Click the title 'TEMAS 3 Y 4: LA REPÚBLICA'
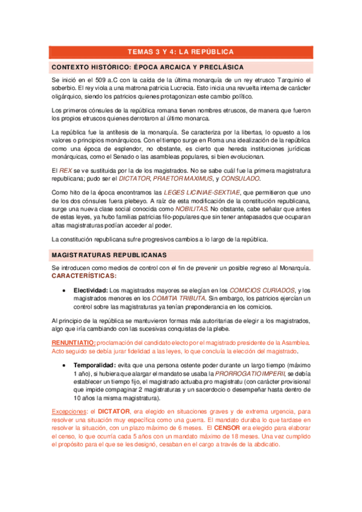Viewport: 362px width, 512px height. pyautogui.click(x=181, y=52)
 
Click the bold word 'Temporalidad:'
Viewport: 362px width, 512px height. pyautogui.click(x=94, y=366)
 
